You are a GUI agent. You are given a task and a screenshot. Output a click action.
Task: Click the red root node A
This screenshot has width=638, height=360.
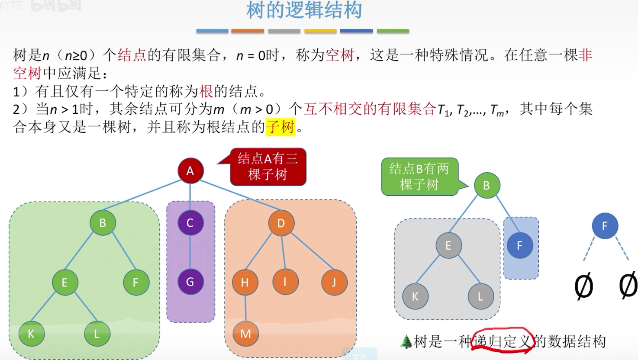point(190,171)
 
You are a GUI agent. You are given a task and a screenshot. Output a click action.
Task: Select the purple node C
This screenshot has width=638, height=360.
point(190,223)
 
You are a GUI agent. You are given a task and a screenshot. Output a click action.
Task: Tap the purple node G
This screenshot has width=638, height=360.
point(190,282)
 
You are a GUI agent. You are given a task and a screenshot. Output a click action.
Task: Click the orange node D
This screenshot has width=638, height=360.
point(281,223)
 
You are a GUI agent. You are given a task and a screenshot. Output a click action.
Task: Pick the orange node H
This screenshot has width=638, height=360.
point(245,283)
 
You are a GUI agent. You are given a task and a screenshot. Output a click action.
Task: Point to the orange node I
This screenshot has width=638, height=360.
point(285,282)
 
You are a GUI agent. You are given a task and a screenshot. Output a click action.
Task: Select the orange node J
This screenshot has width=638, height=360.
point(334,283)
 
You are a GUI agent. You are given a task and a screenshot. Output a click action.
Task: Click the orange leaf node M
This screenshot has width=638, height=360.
point(245,334)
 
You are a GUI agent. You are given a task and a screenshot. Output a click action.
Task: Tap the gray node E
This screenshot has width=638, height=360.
point(448,246)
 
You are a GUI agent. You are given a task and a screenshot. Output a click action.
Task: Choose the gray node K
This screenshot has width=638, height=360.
point(415,296)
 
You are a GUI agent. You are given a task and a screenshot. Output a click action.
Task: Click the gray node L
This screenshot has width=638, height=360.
point(480,296)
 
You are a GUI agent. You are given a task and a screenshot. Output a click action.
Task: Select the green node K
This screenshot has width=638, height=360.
point(31,334)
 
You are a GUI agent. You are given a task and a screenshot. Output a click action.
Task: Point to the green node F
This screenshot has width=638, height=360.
point(136,283)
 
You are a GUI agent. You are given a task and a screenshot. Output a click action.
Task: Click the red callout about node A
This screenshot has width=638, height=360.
point(267,167)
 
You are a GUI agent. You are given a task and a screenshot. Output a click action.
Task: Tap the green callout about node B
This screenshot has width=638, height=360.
point(419,177)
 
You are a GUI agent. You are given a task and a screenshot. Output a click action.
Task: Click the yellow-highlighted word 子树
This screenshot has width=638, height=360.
point(280,127)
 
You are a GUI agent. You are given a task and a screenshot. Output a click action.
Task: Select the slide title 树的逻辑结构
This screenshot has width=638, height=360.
point(304,10)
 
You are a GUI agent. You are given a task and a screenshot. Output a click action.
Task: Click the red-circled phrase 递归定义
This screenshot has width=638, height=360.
point(501,342)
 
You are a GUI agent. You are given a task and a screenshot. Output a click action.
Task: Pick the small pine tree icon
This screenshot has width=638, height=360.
point(406,342)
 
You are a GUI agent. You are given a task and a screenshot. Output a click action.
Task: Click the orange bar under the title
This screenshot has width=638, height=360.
point(248,31)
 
